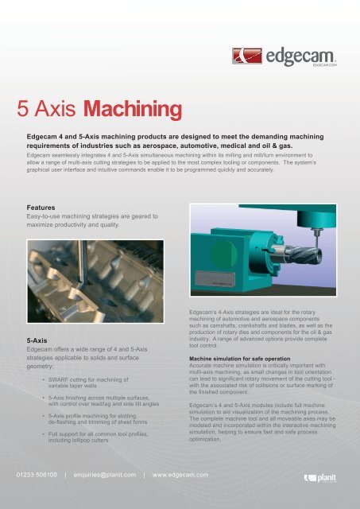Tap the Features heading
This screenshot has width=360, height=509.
(45, 205)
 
